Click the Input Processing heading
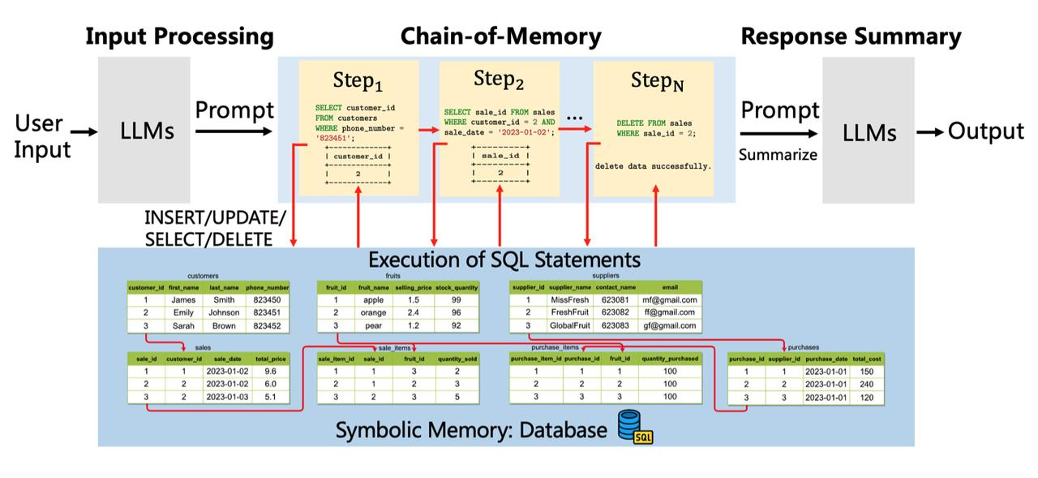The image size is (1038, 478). click(179, 37)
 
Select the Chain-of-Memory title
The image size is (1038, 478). click(500, 37)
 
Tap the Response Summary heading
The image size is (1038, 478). click(851, 37)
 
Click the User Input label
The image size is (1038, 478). click(42, 136)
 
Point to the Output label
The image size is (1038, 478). click(985, 131)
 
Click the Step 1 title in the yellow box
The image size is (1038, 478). click(358, 80)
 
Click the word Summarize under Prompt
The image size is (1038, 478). click(778, 154)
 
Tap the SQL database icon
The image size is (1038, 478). click(635, 427)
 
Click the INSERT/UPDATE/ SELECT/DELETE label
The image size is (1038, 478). click(215, 229)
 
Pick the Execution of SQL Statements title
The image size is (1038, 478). click(504, 260)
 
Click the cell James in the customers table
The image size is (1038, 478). click(183, 299)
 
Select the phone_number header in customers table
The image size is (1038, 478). click(267, 287)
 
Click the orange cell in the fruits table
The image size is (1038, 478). click(374, 312)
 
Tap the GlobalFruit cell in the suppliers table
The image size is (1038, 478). click(569, 325)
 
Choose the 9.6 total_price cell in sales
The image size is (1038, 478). click(270, 371)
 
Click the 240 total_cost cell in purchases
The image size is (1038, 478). click(866, 385)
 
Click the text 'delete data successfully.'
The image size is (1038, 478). click(653, 166)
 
